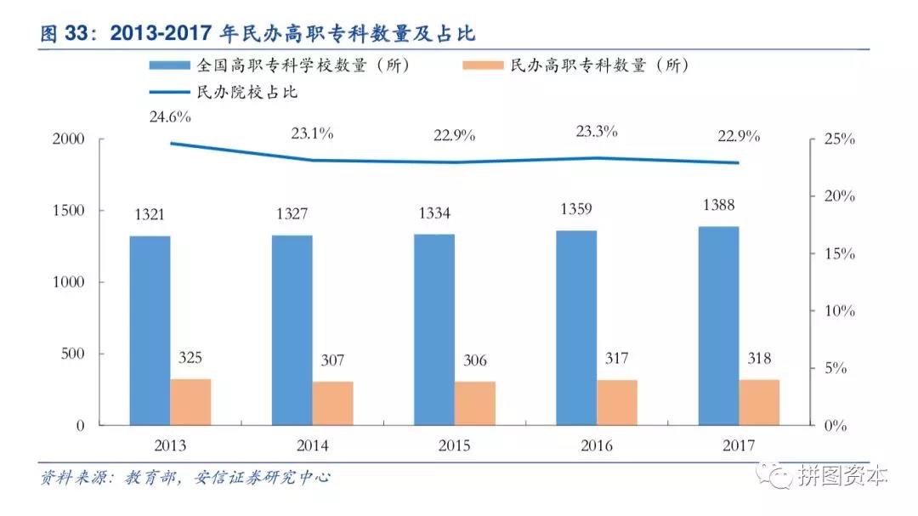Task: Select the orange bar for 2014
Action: point(332,403)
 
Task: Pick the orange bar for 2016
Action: point(616,402)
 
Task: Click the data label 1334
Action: point(434,213)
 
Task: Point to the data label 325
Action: point(190,358)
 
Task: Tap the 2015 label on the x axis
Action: point(454,445)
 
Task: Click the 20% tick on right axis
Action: point(837,196)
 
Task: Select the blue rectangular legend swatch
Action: point(170,65)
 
